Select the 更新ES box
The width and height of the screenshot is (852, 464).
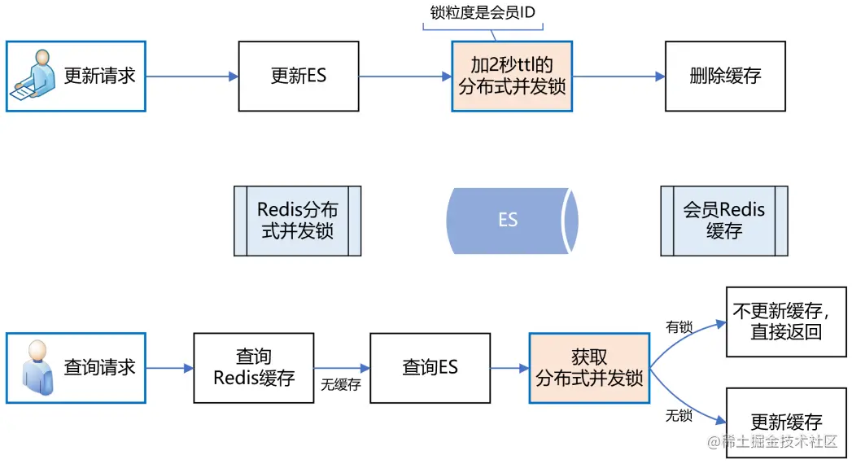coord(298,77)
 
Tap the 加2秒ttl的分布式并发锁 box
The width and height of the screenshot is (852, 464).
coord(512,77)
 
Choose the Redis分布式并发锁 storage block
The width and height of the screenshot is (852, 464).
coord(297,221)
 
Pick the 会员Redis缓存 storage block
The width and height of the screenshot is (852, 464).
coord(723,221)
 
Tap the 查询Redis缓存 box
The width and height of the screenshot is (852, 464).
coord(253,368)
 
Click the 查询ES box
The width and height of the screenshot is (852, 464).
coord(430,368)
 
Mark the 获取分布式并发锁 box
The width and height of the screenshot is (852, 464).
coord(589,368)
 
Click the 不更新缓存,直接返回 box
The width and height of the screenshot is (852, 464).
coord(785,321)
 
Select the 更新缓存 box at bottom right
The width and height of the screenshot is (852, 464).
coord(785,421)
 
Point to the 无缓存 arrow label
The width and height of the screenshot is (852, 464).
coord(340,385)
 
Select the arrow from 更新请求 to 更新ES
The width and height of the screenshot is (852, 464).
coord(192,77)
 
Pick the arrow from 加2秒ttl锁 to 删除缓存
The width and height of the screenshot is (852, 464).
coord(618,77)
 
